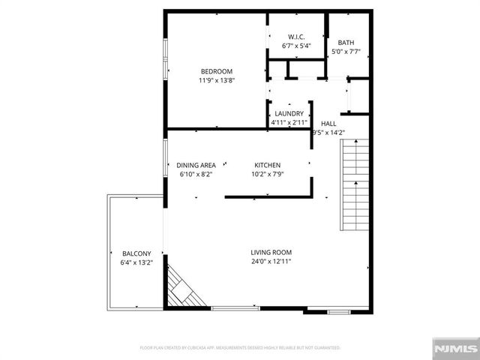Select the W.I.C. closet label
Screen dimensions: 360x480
coord(296,37)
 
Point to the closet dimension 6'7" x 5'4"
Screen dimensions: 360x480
coord(296,46)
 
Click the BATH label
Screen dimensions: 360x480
coord(346,43)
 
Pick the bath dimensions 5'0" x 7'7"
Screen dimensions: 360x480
coord(346,52)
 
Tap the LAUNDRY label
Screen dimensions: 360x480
coord(289,113)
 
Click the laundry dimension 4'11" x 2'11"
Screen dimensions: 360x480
coord(289,122)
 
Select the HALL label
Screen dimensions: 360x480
coord(328,124)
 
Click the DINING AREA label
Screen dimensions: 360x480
coord(196,165)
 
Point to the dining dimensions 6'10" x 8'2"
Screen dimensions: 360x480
coord(196,174)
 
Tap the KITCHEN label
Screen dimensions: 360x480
coord(267,165)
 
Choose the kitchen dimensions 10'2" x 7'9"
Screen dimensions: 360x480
coord(267,174)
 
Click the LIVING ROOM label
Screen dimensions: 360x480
coord(271,253)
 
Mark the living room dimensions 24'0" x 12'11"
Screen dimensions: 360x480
coord(271,262)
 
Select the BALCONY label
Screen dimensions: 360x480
coord(136,253)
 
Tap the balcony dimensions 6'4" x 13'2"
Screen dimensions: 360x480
coord(136,262)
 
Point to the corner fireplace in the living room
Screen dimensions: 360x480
coord(184,289)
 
